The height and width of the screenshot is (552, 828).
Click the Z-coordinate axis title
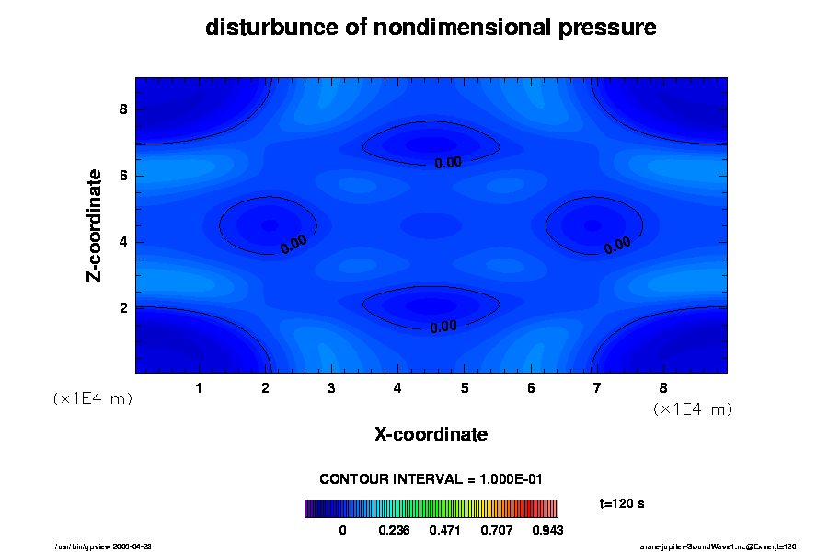tap(95, 224)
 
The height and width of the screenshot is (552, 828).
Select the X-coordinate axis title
tap(431, 434)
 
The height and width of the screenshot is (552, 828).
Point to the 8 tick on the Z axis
tap(123, 109)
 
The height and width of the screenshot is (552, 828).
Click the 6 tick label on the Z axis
tap(123, 176)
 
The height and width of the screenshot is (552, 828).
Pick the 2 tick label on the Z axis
tap(123, 307)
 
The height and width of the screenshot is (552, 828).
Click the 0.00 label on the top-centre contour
tap(448, 163)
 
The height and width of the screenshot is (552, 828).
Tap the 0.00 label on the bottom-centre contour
tap(443, 326)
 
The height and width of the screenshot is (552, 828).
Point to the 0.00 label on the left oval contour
tap(293, 244)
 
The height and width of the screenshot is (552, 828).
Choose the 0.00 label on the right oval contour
tap(617, 244)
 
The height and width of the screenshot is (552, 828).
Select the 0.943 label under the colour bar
tap(547, 530)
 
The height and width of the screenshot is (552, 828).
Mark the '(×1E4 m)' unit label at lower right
tap(693, 408)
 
